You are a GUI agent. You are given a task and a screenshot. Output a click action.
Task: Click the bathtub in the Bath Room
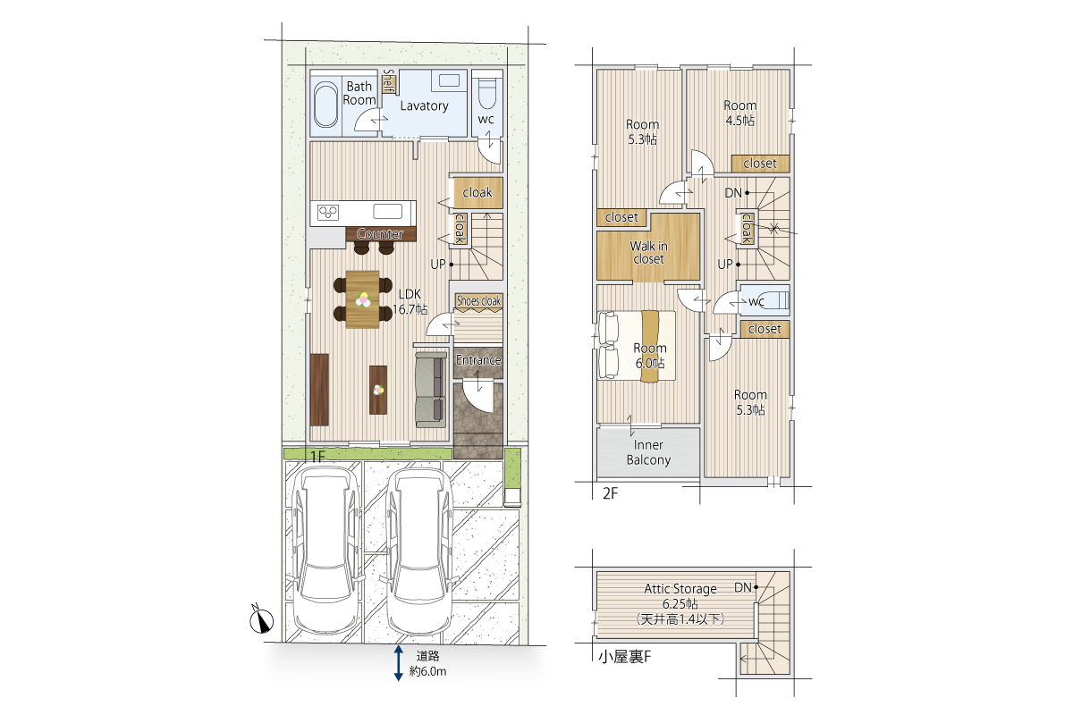(x=325, y=105)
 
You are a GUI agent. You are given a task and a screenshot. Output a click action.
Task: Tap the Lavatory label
(x=425, y=105)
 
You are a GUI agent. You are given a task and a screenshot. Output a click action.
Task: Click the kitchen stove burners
(x=328, y=212)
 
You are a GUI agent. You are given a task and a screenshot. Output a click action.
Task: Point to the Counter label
(x=380, y=233)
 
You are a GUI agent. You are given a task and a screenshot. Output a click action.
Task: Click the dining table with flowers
(x=363, y=299)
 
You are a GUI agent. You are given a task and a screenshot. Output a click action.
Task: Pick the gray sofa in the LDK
(x=430, y=390)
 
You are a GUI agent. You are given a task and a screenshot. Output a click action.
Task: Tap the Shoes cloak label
(x=478, y=301)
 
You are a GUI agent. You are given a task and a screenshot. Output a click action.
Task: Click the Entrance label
(x=478, y=360)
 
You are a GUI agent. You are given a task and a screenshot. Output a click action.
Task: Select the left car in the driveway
(x=325, y=551)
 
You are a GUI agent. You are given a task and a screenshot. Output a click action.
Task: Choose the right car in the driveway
(x=418, y=551)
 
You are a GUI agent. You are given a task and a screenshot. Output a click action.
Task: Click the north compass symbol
(x=261, y=619)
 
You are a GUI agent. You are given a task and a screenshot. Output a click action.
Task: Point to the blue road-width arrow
(x=398, y=663)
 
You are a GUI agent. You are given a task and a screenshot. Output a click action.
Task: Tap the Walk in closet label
(x=648, y=252)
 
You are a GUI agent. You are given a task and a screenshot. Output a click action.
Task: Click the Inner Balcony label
(x=648, y=452)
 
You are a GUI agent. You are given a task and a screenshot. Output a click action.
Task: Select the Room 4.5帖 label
(x=740, y=113)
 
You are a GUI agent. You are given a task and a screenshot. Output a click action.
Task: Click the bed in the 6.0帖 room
(x=637, y=346)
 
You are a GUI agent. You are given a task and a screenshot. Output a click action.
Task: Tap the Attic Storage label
(x=680, y=589)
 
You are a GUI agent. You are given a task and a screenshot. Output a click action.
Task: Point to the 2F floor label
(x=610, y=493)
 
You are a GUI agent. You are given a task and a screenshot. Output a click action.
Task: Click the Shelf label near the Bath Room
(x=388, y=81)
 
